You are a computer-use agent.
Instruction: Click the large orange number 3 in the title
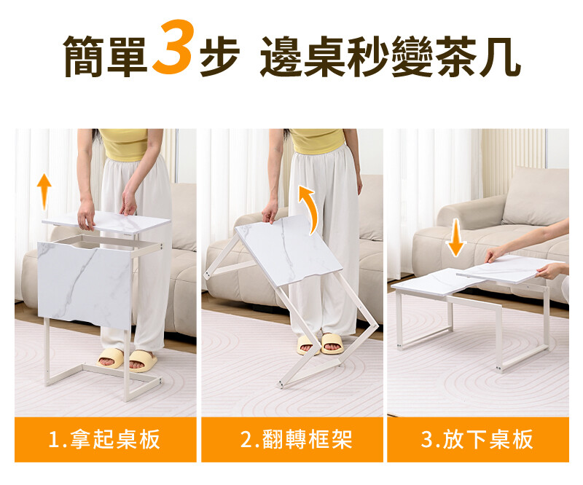[x=173, y=47]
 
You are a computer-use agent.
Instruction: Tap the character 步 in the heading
[x=219, y=57]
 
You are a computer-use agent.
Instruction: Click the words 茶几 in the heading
[x=477, y=57]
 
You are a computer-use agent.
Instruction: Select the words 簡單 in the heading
[x=105, y=57]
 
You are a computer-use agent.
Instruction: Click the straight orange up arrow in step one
[x=44, y=192]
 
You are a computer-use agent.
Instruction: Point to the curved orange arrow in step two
[x=309, y=209]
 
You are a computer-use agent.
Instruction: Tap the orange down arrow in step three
[x=456, y=238]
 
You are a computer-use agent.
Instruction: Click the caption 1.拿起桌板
[x=104, y=439]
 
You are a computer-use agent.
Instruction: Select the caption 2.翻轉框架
[x=296, y=439]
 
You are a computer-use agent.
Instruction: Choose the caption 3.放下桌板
[x=477, y=439]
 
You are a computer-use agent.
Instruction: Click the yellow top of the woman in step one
[x=123, y=144]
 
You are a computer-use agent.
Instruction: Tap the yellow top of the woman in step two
[x=317, y=141]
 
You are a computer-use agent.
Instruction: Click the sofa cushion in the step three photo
[x=536, y=196]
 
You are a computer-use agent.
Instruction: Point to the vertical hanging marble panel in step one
[x=85, y=284]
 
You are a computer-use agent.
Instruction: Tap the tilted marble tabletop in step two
[x=288, y=250]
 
